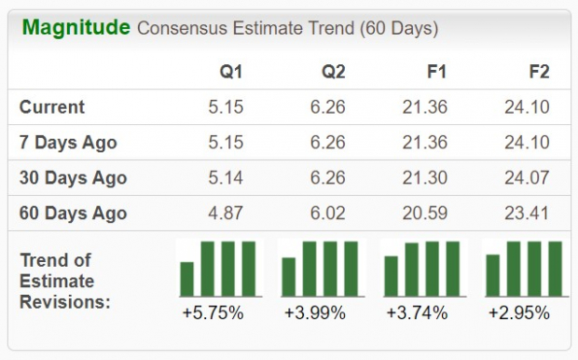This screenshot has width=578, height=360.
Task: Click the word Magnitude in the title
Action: (76, 28)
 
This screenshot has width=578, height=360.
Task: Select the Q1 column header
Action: (231, 72)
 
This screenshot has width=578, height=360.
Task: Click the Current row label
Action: (52, 107)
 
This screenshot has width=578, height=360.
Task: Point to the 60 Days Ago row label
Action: (73, 214)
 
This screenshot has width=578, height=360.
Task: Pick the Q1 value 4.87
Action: (226, 214)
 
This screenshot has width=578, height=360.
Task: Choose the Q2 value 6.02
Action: (327, 214)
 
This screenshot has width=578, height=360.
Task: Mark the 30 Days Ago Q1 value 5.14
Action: (226, 178)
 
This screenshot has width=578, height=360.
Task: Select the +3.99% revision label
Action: (314, 313)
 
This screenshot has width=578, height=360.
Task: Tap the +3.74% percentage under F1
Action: (417, 313)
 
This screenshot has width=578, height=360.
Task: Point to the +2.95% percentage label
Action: (518, 313)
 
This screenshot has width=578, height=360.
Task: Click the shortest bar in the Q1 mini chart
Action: (187, 278)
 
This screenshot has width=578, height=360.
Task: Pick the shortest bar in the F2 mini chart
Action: (493, 275)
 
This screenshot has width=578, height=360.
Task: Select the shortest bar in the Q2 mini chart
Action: (289, 276)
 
